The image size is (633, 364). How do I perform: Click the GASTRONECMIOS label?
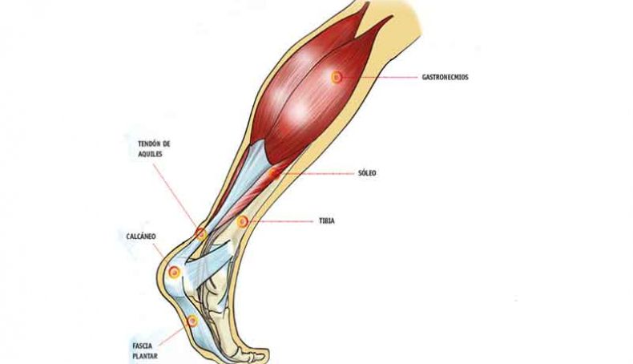[445, 77]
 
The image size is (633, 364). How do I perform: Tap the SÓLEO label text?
[367, 173]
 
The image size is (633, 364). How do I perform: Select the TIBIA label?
[327, 221]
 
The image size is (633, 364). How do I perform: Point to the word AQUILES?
[150, 154]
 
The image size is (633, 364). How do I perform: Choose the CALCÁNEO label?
[141, 237]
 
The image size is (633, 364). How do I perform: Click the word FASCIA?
[143, 346]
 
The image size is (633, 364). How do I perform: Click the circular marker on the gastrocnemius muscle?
[337, 77]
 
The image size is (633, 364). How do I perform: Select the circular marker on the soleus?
[274, 174]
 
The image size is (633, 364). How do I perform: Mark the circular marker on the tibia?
[242, 221]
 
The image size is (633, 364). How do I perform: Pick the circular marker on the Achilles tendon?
[200, 233]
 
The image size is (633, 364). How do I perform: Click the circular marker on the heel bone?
[175, 273]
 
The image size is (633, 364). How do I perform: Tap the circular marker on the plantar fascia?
[192, 322]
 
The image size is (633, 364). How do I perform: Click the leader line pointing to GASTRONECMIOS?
[380, 77]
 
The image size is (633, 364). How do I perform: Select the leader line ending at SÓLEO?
[317, 173]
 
